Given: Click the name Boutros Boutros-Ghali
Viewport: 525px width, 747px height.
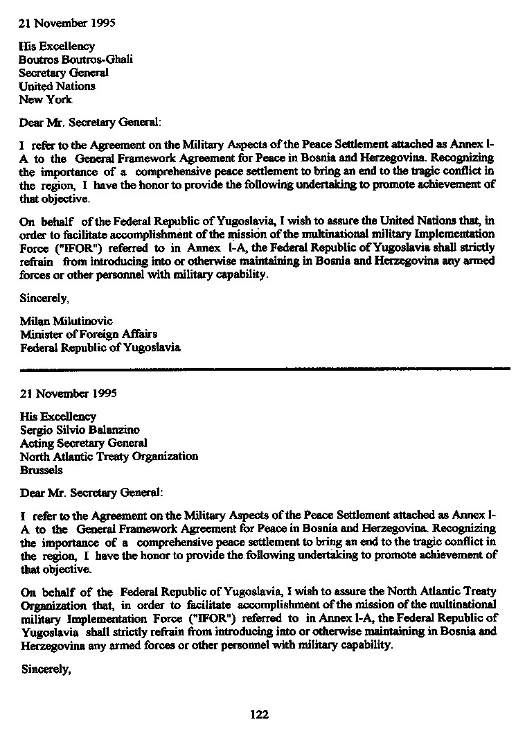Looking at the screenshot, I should click(75, 60).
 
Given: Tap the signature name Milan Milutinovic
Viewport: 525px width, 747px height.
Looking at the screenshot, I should click(66, 321).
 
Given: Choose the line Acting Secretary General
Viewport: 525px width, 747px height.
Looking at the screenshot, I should click(83, 443).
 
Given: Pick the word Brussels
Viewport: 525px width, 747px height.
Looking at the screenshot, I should click(41, 469).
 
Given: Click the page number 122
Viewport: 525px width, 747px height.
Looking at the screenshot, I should click(259, 714).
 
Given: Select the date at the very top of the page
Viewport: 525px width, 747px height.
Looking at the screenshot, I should click(66, 22).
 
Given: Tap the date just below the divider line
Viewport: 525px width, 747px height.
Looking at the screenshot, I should click(68, 393).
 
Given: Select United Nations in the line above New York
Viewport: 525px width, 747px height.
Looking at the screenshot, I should click(57, 86).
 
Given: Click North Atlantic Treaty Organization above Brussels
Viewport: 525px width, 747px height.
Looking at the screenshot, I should click(109, 456).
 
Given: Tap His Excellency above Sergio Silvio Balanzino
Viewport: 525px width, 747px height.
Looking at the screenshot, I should click(58, 416).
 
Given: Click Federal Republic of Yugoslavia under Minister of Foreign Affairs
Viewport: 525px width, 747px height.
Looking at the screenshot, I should click(100, 347).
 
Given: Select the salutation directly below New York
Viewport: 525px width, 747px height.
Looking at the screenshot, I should click(90, 122).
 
